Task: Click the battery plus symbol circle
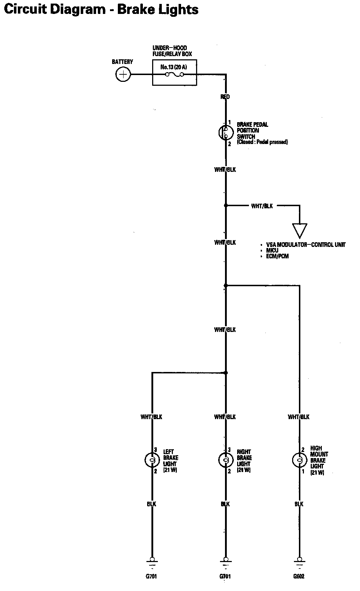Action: [123, 75]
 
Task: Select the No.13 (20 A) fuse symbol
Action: [175, 74]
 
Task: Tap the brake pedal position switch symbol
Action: [225, 133]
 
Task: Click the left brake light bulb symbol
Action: [152, 460]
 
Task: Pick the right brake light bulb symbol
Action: [225, 460]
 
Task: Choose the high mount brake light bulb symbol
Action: [299, 460]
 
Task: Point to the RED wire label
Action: [225, 97]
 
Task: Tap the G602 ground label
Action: [299, 576]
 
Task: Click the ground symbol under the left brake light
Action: [152, 561]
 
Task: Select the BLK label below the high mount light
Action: [299, 504]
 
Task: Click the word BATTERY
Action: [122, 62]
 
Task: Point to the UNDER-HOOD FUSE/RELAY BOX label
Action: [172, 51]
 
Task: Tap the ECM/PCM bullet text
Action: [277, 256]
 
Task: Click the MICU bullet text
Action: [272, 250]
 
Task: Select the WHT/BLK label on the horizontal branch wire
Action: [262, 206]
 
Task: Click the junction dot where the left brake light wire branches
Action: [226, 373]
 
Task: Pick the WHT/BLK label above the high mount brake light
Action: [299, 417]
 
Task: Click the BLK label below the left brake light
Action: [151, 504]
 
